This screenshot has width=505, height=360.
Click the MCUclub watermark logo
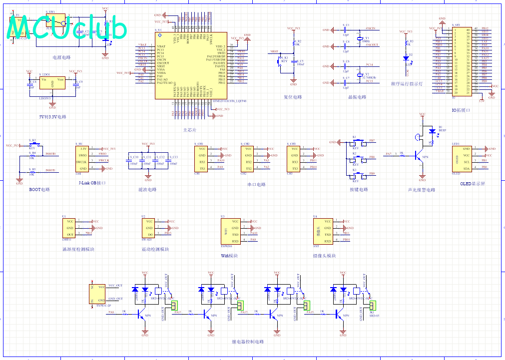67,29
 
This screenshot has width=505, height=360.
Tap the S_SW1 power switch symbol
60,20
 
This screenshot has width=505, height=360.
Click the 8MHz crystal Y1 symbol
359,38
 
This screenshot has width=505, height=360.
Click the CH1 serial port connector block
202,159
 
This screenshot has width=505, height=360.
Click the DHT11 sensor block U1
70,228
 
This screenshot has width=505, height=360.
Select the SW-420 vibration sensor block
150,228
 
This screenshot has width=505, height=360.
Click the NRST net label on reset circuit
274,51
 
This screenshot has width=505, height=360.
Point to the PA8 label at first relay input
111,313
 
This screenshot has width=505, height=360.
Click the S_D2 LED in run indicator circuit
406,58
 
